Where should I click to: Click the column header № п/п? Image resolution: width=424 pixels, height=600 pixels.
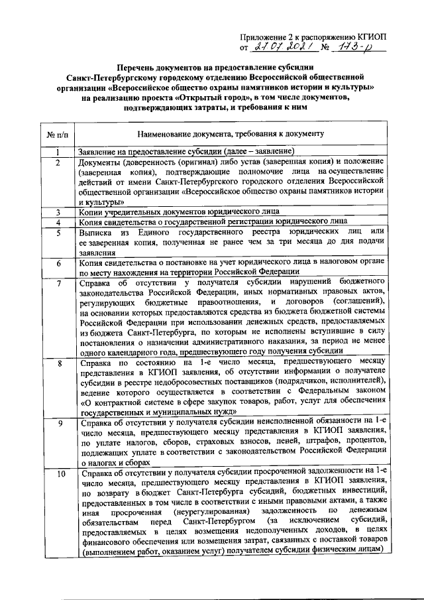click(x=58, y=135)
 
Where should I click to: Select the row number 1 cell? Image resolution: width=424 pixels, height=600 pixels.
click(x=58, y=152)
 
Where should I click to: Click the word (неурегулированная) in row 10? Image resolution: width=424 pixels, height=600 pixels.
click(x=203, y=512)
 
